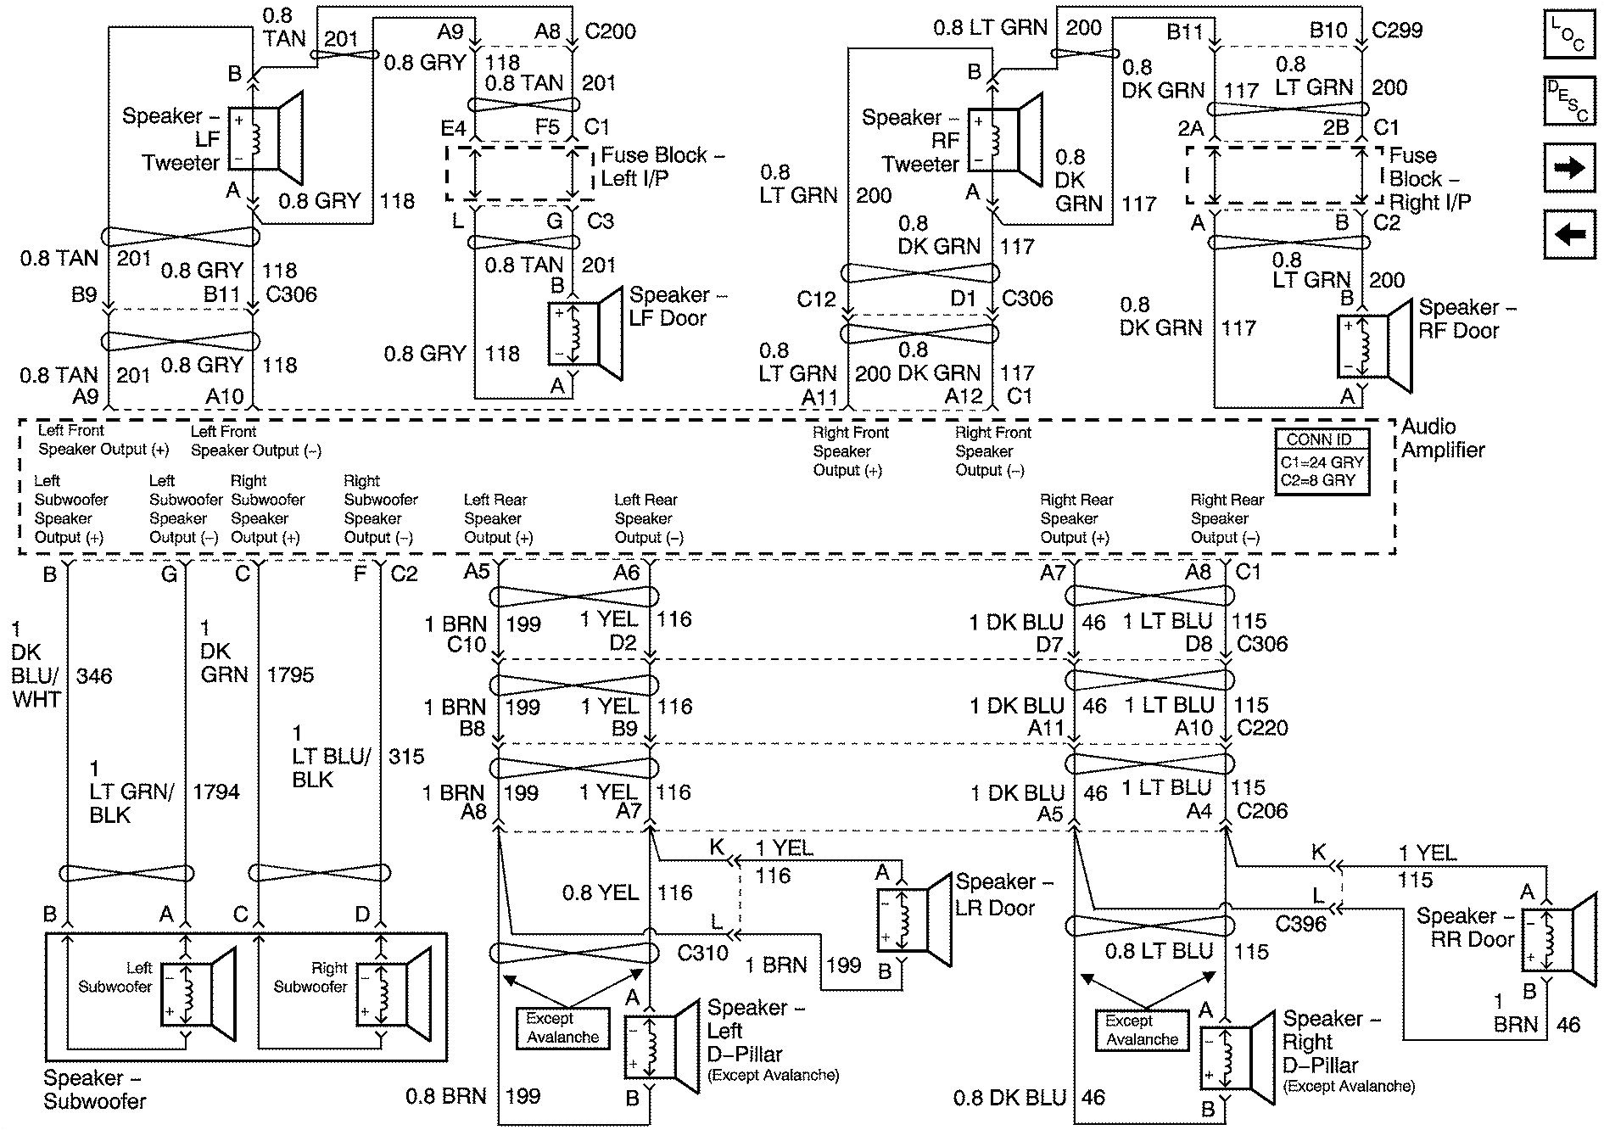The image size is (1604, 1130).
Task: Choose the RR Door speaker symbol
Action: pyautogui.click(x=1557, y=940)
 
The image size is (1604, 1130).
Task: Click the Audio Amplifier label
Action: pyautogui.click(x=1442, y=439)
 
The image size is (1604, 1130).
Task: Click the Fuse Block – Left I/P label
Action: pyautogui.click(x=662, y=166)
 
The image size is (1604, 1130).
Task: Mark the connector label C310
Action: pyautogui.click(x=702, y=953)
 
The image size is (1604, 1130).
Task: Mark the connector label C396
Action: pyautogui.click(x=1299, y=923)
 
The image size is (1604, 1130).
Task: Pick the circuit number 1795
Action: pyautogui.click(x=290, y=675)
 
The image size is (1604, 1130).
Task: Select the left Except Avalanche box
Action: pyautogui.click(x=562, y=1027)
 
